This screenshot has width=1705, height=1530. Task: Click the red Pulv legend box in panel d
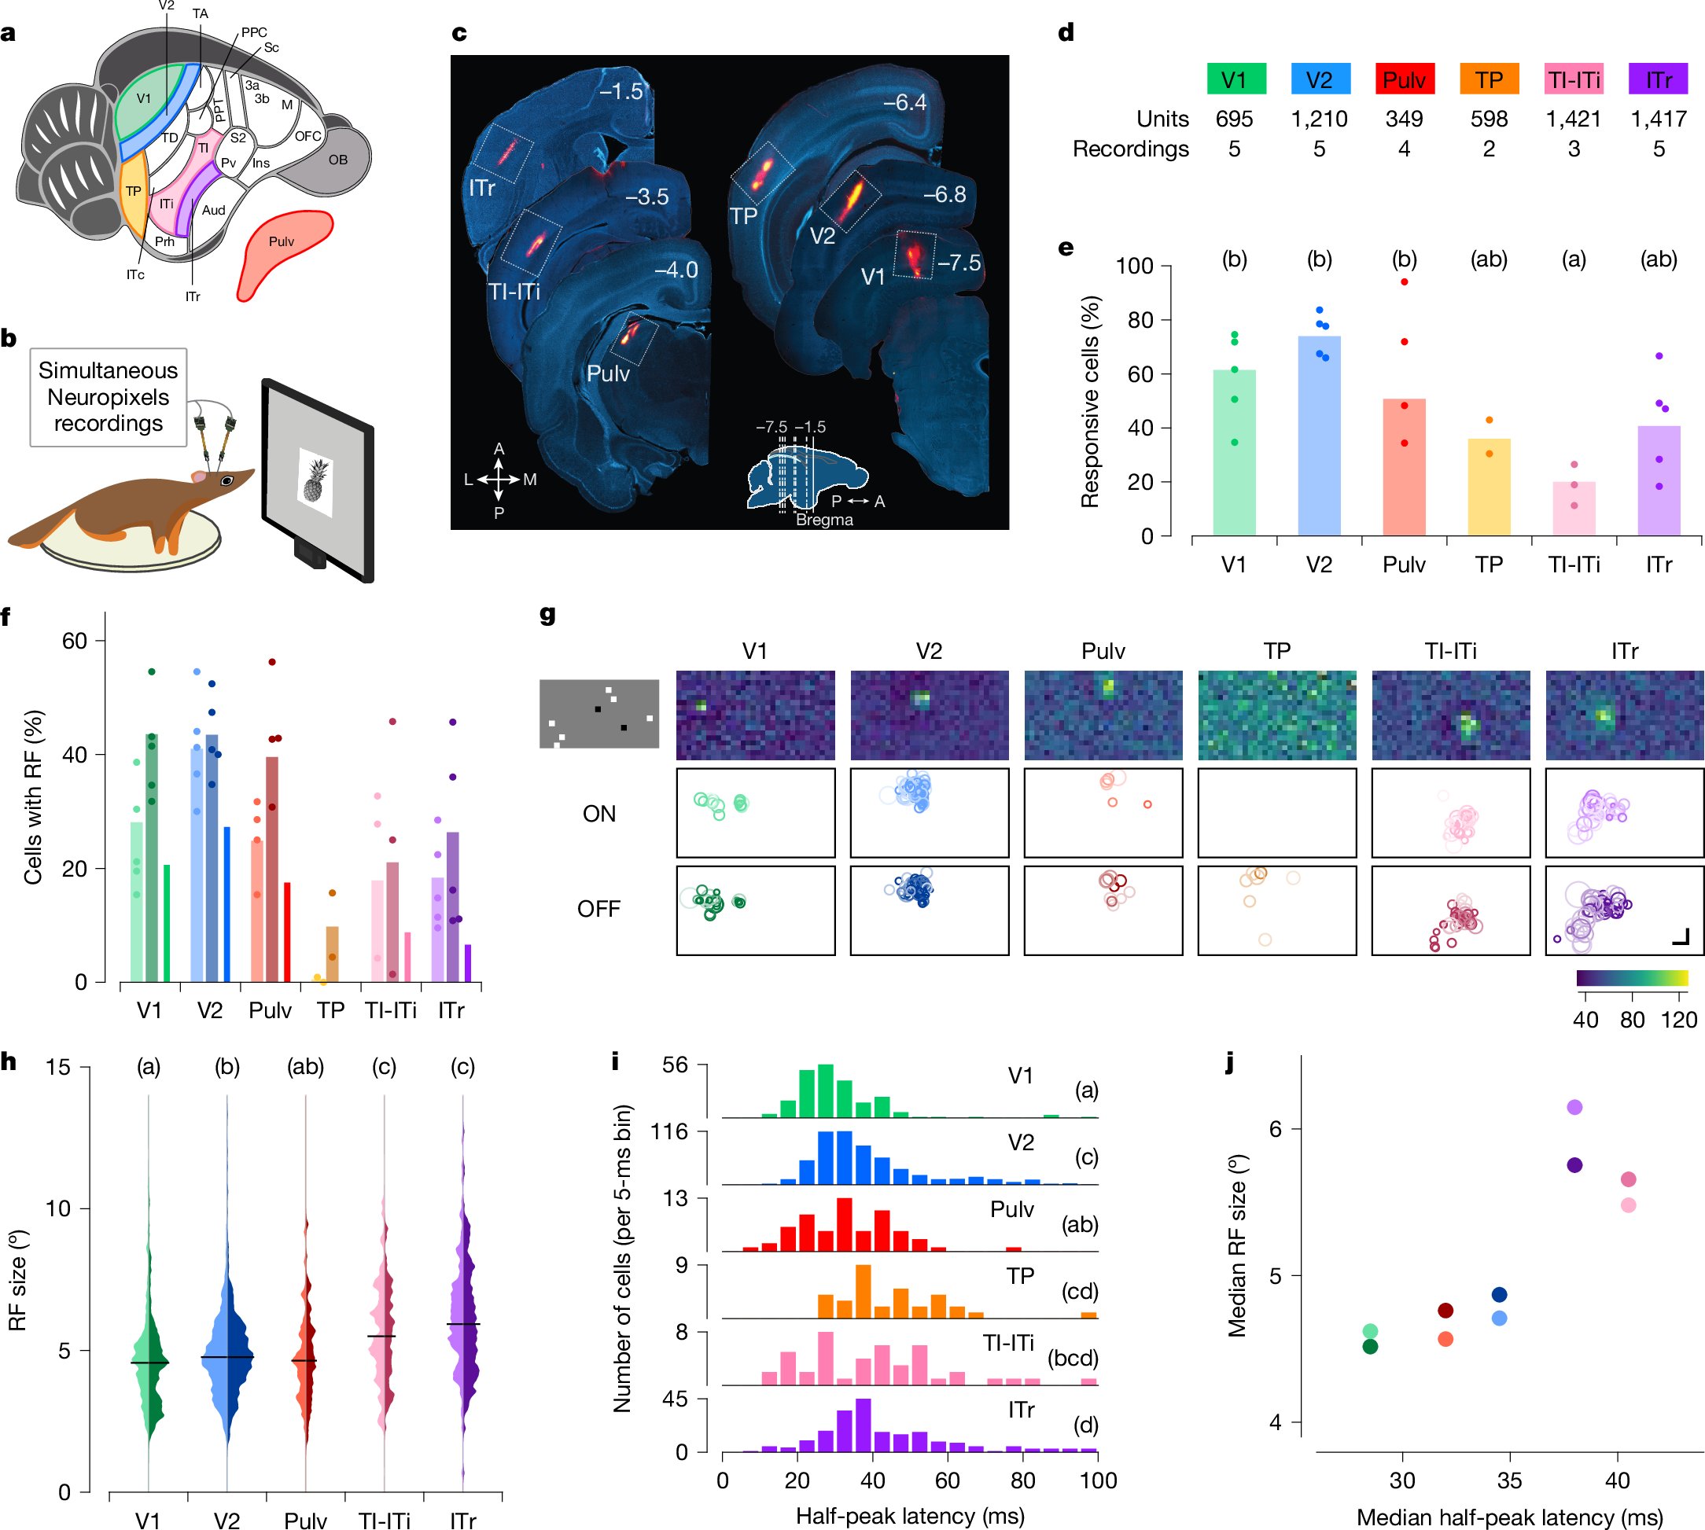(x=1403, y=79)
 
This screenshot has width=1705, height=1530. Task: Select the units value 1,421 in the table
(x=1573, y=119)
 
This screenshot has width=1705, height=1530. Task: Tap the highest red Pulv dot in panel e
(x=1404, y=281)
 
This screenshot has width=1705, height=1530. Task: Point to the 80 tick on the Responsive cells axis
(x=1140, y=320)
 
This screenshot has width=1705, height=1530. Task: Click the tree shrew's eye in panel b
(x=226, y=481)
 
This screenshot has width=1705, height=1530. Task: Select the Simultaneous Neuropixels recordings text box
(x=109, y=397)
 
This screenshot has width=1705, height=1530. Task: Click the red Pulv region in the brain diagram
(x=282, y=252)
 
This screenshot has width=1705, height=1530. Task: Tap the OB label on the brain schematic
(x=338, y=160)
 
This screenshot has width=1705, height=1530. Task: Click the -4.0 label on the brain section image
(x=676, y=270)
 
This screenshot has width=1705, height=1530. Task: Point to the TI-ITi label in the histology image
(x=514, y=292)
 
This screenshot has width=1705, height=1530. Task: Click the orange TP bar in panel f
(x=332, y=954)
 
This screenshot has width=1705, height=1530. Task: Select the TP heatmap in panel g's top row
(x=1276, y=715)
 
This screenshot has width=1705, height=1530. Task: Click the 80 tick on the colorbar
(x=1632, y=1019)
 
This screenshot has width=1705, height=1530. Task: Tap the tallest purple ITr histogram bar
(x=864, y=1424)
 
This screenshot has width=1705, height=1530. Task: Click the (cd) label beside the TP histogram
(x=1080, y=1290)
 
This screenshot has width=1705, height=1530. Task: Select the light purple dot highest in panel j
(x=1574, y=1107)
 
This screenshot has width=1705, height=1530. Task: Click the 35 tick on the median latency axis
(x=1509, y=1480)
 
